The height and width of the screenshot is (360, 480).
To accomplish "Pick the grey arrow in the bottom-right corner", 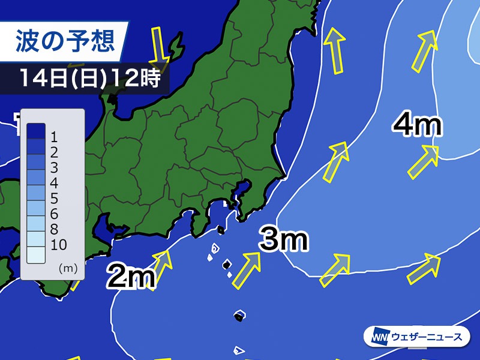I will pyautogui.click(x=424, y=268).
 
